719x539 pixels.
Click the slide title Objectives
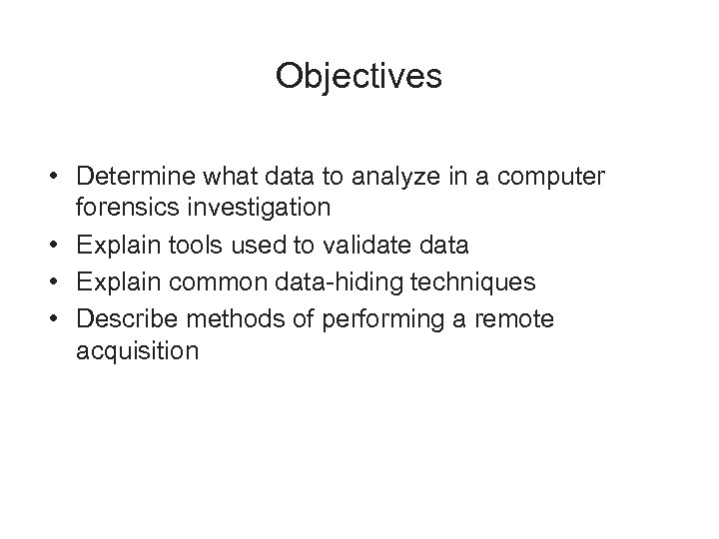359,77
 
